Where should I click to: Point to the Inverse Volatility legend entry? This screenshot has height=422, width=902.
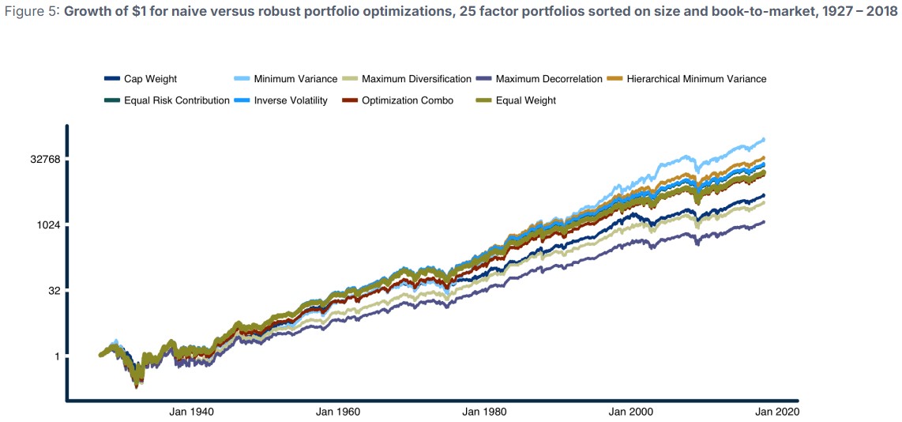291,100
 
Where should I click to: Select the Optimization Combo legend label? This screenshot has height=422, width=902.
408,100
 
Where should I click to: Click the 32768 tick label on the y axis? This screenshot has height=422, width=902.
45,160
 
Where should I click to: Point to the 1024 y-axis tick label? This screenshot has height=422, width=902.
49,225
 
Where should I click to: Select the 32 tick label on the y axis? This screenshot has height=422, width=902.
54,291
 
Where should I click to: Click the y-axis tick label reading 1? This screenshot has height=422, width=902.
58,356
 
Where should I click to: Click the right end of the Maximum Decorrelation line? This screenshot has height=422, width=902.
764,222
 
